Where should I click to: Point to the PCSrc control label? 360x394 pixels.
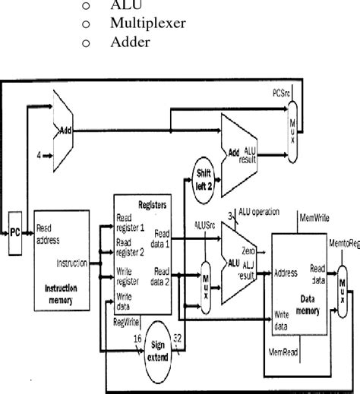pos(281,93)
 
